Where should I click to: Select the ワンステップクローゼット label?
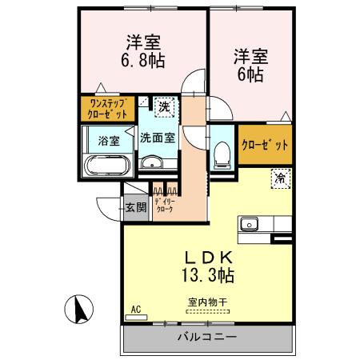106,107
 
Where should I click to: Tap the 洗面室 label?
157,138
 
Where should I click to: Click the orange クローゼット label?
265,146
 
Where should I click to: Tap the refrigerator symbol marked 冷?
281,178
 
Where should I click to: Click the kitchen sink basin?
249,224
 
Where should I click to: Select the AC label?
134,310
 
